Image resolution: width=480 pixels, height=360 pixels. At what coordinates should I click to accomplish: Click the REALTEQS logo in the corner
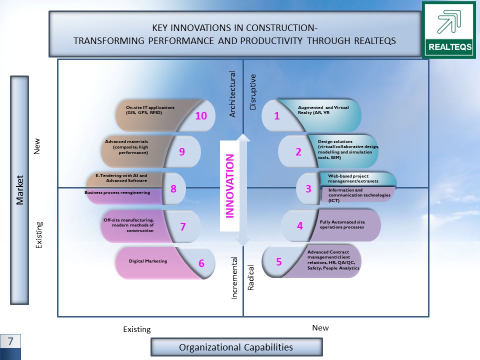449,30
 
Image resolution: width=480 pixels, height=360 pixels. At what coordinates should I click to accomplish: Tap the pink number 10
201,115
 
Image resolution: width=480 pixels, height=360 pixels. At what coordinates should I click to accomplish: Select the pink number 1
276,115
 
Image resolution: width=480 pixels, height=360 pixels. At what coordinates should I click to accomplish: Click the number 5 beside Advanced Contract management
278,261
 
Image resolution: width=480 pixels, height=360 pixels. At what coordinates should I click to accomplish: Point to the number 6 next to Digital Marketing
201,263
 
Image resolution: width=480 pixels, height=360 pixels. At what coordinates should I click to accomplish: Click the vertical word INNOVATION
229,186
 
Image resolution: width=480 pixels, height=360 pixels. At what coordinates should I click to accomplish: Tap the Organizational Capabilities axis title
236,347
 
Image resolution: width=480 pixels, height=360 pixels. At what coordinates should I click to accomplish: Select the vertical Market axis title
19,190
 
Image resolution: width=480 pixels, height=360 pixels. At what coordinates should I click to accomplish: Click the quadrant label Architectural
232,94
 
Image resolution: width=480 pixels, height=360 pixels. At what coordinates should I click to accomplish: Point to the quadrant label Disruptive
252,92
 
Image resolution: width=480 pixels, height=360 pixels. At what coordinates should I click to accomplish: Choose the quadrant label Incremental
234,278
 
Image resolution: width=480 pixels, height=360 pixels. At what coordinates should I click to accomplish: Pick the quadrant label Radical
250,277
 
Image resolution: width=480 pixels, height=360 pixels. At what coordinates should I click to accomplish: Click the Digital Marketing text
148,261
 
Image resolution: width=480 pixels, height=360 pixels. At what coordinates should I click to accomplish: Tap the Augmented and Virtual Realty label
323,110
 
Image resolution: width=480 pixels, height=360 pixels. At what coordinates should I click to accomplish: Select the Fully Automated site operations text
342,224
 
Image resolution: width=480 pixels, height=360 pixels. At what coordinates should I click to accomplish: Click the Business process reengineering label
117,192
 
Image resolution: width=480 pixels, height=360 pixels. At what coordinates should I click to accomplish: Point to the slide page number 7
10,341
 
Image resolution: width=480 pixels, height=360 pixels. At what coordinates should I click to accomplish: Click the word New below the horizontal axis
320,328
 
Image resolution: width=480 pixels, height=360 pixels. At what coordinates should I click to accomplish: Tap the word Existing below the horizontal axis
137,329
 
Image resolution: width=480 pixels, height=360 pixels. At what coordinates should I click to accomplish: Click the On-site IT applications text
150,110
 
